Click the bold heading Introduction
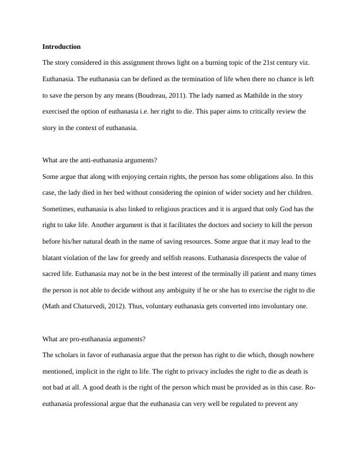click(62, 46)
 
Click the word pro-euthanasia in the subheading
click(102, 339)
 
